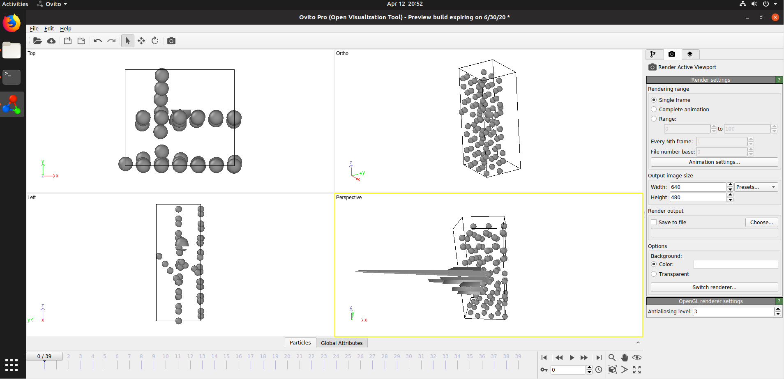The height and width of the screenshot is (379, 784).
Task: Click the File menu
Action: (34, 29)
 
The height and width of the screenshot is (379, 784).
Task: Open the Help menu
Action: (65, 29)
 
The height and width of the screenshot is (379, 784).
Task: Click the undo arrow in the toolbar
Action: (97, 41)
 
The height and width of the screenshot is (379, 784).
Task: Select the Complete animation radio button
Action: (654, 109)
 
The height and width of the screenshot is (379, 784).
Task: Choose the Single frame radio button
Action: (654, 100)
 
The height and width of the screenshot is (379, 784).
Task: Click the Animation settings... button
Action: (714, 162)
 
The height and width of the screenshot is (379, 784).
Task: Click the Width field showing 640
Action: (698, 187)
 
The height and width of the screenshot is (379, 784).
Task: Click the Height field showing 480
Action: (698, 197)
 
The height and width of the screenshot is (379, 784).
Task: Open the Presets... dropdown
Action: (756, 187)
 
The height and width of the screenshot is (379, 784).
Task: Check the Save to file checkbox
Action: (654, 222)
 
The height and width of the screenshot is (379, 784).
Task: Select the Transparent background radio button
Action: (654, 274)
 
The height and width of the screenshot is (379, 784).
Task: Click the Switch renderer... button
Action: (714, 287)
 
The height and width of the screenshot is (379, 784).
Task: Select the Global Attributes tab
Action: (341, 343)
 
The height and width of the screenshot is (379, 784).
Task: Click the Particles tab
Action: (300, 343)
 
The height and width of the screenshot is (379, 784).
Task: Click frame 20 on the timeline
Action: (287, 356)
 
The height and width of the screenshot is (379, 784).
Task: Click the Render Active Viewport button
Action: (683, 67)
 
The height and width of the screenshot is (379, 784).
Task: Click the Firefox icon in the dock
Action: (12, 23)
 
